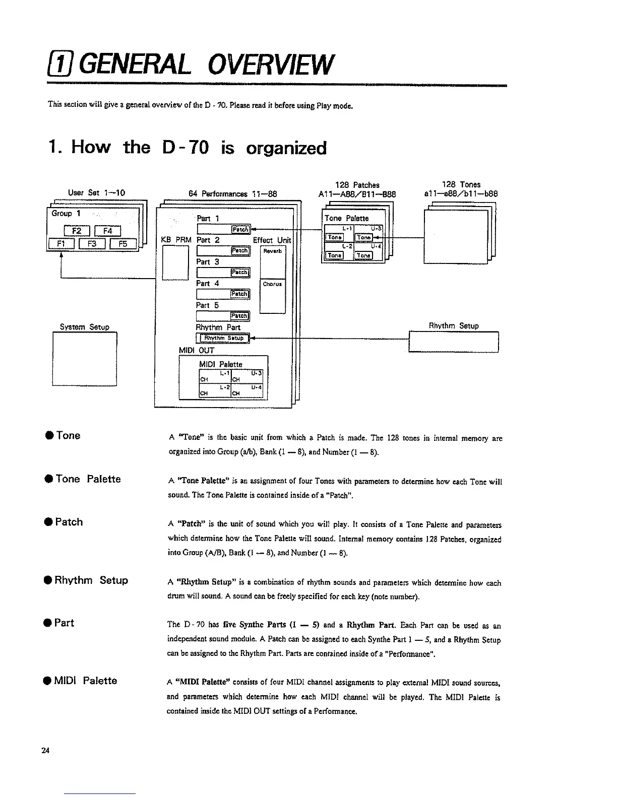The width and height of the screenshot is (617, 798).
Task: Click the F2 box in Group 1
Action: click(76, 231)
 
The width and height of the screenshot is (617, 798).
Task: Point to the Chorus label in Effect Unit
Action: click(272, 284)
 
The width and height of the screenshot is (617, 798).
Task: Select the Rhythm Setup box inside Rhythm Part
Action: click(222, 338)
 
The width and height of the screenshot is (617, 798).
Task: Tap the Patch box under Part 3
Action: click(239, 273)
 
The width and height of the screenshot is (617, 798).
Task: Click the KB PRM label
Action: click(175, 240)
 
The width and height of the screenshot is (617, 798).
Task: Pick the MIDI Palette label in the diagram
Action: click(221, 364)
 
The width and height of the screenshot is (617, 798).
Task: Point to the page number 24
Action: click(45, 751)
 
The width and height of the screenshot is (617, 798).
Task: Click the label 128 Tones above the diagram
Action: click(460, 185)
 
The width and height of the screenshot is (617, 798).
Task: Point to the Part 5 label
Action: click(207, 305)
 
